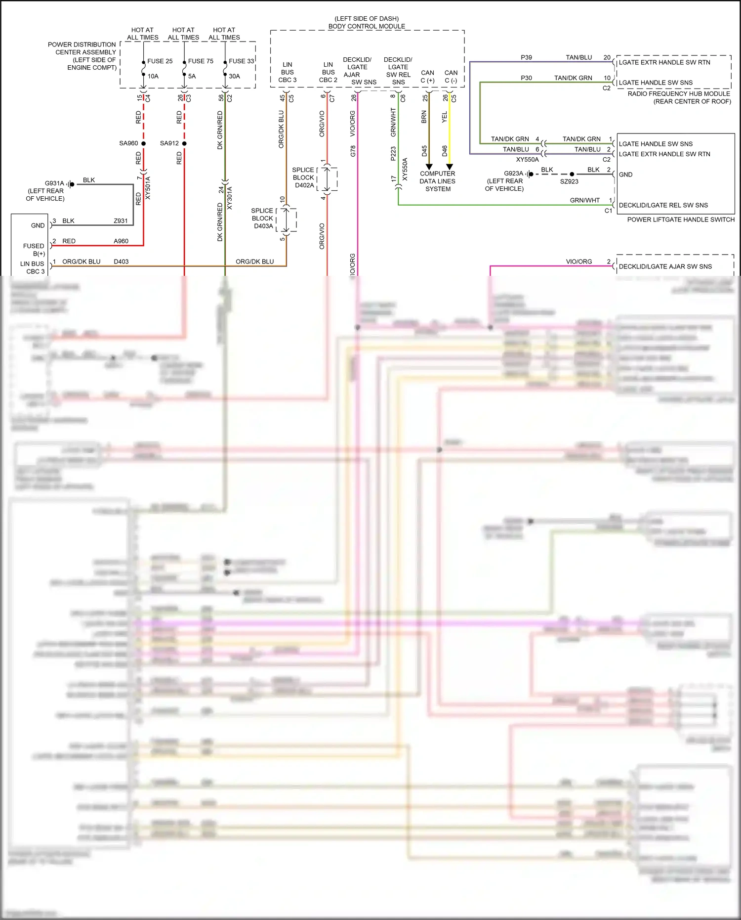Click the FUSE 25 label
click(160, 61)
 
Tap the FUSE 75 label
click(201, 61)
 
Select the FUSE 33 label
click(241, 61)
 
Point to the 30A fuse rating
click(234, 77)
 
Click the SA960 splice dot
click(144, 143)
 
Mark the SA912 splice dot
click(184, 143)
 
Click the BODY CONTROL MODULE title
click(367, 26)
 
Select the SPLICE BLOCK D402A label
click(303, 177)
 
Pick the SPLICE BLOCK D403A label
click(262, 218)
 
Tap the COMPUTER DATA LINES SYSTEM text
click(438, 181)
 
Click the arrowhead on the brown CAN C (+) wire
click(429, 167)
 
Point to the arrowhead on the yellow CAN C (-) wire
click(450, 167)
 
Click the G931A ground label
click(54, 183)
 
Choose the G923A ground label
click(513, 174)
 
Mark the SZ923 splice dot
click(572, 174)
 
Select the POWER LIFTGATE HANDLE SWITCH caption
click(681, 219)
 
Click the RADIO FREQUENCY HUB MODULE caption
click(679, 94)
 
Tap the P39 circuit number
click(526, 58)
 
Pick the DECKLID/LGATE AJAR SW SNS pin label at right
click(665, 266)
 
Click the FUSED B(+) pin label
click(34, 250)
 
